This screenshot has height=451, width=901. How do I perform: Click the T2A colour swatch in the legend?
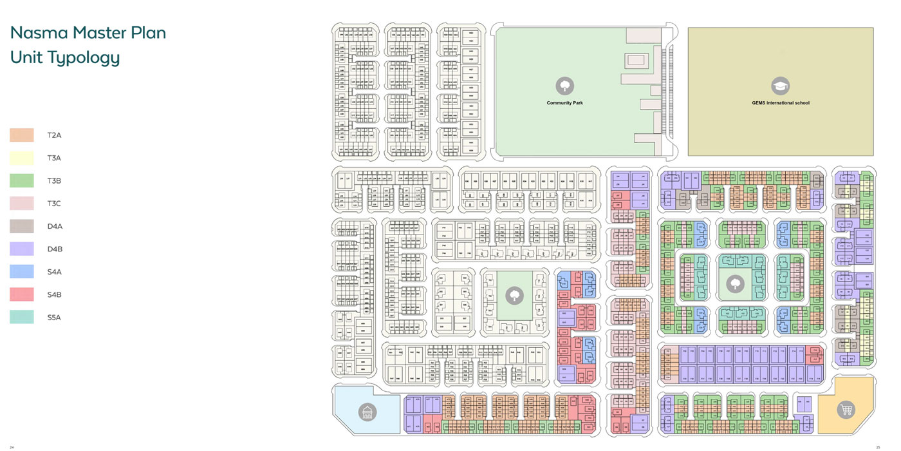click(x=21, y=135)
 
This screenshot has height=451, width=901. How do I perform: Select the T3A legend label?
click(x=54, y=158)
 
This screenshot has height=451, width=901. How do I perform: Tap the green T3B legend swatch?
click(x=21, y=180)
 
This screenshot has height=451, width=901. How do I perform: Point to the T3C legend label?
click(x=54, y=204)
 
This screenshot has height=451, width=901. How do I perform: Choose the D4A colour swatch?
click(x=21, y=226)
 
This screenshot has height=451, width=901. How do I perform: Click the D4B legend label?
click(x=55, y=249)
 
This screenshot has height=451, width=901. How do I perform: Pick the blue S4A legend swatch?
click(x=21, y=272)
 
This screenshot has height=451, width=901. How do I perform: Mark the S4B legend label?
click(x=55, y=294)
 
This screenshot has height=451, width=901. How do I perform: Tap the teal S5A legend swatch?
click(x=21, y=317)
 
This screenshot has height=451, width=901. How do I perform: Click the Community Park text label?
click(x=564, y=103)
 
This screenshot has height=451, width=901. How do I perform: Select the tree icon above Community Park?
click(x=564, y=86)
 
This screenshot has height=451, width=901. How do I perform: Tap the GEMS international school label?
click(x=781, y=103)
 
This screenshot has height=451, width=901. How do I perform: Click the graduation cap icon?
click(x=781, y=86)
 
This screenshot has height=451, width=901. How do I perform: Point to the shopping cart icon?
click(x=846, y=410)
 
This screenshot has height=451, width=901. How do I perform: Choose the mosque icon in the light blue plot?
click(x=367, y=411)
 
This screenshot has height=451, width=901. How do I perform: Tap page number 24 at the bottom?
click(x=12, y=446)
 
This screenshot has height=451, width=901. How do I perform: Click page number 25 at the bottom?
click(x=878, y=446)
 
